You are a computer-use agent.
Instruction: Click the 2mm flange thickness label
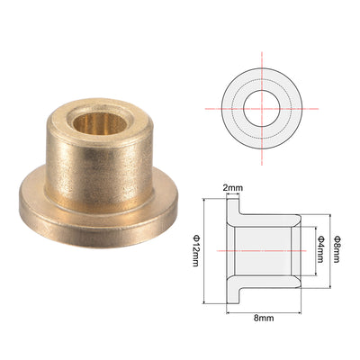tap(233, 188)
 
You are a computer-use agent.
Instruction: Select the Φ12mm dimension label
tap(195, 251)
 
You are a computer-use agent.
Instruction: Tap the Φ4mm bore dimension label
tap(321, 249)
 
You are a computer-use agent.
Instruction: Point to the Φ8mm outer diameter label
tap(337, 249)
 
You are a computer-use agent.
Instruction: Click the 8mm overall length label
tap(264, 318)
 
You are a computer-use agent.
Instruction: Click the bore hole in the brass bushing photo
tap(100, 123)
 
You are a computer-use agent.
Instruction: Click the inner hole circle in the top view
tap(262, 90)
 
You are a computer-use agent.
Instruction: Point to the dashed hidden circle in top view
tap(262, 80)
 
